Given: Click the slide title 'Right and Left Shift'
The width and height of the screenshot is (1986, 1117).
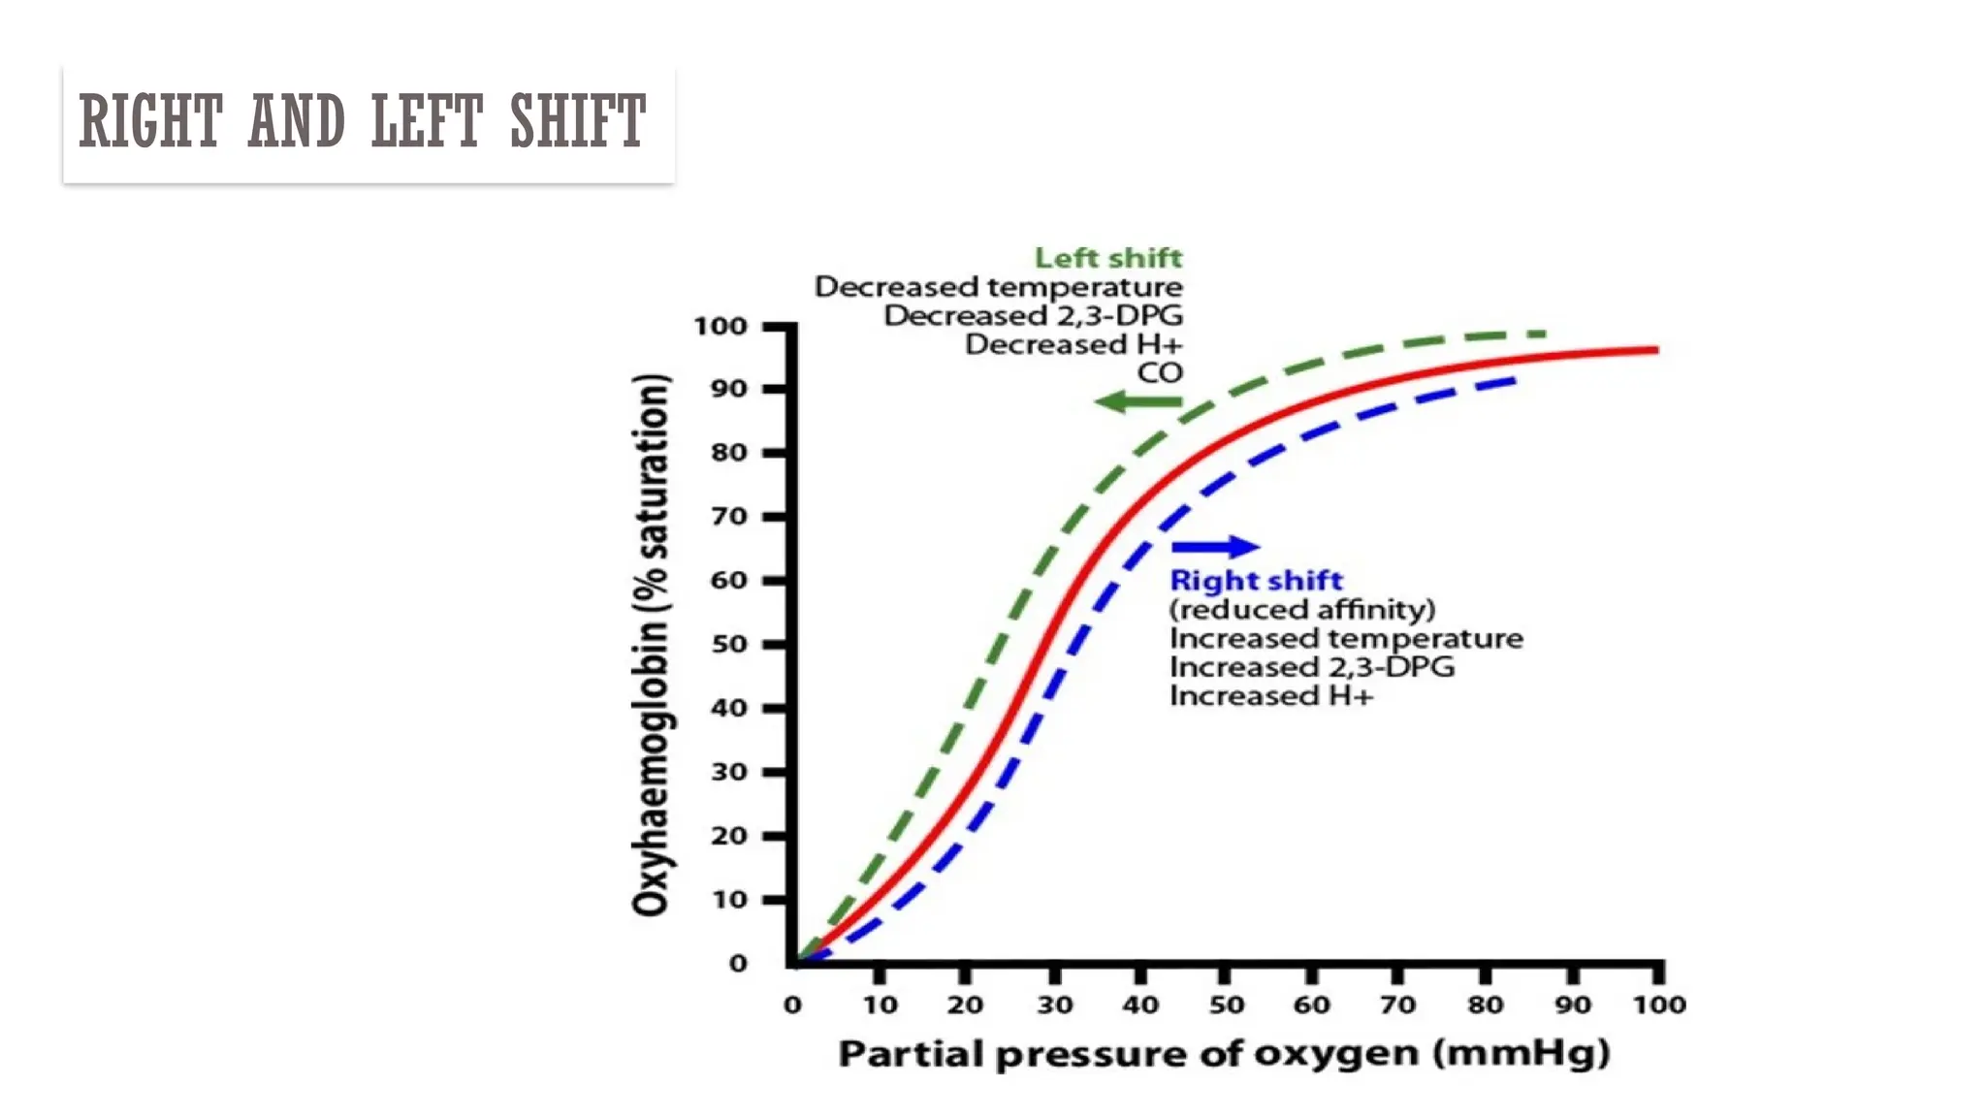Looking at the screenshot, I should [x=362, y=121].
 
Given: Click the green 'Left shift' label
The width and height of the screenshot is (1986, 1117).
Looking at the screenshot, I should [x=1107, y=258].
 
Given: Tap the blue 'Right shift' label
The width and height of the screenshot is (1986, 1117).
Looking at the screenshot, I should [x=1255, y=580].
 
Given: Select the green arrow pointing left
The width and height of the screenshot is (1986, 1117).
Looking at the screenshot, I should [x=1137, y=401].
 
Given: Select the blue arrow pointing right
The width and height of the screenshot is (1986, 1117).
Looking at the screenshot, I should [x=1215, y=547].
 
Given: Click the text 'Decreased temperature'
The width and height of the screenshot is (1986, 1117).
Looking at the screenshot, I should [x=998, y=287].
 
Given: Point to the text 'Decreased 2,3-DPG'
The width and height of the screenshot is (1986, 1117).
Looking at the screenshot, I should [x=1033, y=316].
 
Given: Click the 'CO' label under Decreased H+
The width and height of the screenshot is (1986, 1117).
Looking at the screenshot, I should [x=1159, y=373].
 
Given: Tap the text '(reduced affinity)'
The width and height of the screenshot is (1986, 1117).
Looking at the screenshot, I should [x=1301, y=609].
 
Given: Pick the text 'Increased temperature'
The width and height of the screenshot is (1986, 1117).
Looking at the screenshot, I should [x=1345, y=638].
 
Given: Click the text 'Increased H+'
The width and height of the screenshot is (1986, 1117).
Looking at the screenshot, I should [x=1270, y=696].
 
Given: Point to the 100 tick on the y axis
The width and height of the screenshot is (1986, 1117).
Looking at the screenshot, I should [x=721, y=326].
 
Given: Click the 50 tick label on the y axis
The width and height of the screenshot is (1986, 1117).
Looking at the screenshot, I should [x=729, y=644].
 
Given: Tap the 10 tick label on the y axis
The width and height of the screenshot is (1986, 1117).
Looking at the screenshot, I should [x=729, y=900].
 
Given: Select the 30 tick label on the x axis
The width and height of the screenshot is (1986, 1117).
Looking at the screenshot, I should [x=1054, y=1005].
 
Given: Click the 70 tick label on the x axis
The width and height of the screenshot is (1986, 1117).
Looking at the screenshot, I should [x=1397, y=1005].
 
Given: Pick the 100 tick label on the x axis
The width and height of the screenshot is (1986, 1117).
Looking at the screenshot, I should [x=1658, y=1005].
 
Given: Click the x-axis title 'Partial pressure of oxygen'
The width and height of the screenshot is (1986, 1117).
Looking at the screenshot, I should [x=1224, y=1053].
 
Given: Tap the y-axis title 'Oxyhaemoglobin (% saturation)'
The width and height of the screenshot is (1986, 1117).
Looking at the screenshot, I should [x=651, y=644].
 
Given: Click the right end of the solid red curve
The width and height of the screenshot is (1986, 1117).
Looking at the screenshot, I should [x=1654, y=349].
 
